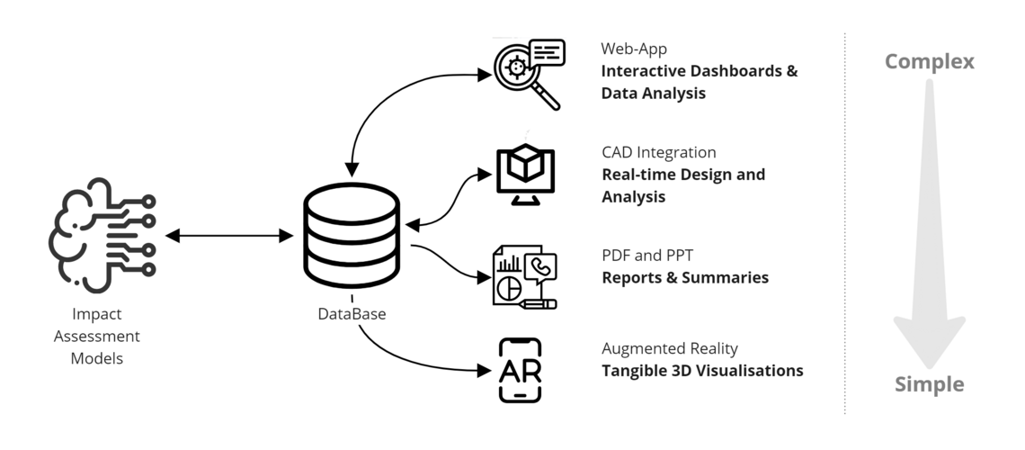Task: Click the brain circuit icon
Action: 102,235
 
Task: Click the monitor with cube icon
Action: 526,175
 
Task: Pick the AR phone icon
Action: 521,370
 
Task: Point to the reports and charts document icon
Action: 525,276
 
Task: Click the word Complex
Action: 930,61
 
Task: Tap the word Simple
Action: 930,384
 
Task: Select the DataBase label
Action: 352,314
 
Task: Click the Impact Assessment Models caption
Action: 97,337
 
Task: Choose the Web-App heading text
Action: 634,49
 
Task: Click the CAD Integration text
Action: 659,152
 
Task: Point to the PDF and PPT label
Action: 647,255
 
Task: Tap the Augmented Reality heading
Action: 670,348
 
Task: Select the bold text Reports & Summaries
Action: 685,277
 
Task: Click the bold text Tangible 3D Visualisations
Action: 703,371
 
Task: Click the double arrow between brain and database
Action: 229,236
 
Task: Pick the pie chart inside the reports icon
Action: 509,286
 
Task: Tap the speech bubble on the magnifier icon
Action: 548,52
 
